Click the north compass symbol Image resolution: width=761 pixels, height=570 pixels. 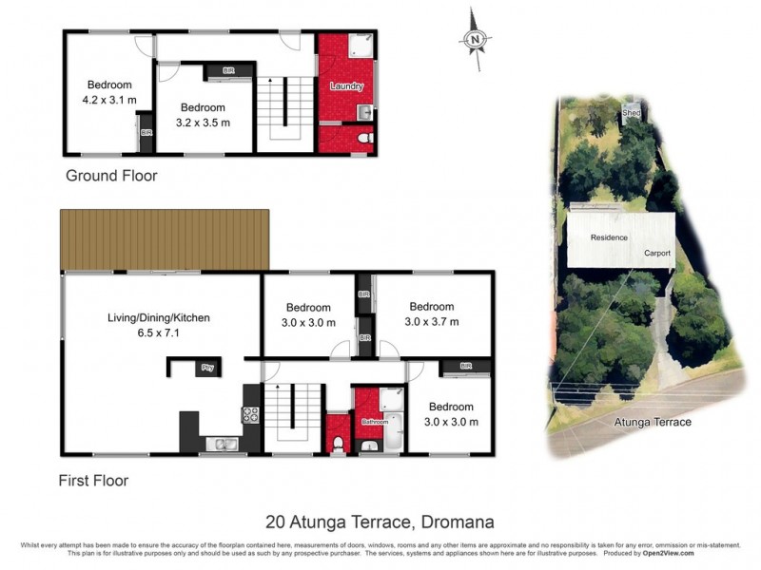(x=474, y=39)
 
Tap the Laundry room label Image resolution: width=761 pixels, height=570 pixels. (x=346, y=86)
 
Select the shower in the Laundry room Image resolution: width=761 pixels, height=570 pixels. (x=360, y=47)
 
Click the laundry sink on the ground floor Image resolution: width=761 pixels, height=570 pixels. (x=362, y=112)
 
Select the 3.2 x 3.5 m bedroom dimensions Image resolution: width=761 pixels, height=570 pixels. (x=204, y=123)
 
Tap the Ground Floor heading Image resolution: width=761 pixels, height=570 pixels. (x=110, y=176)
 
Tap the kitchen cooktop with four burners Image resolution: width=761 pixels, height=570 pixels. (x=252, y=414)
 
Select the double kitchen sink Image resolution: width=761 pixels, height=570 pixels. (x=222, y=444)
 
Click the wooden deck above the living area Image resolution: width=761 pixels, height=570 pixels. (x=165, y=239)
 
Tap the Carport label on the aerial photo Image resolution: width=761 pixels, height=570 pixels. (x=656, y=254)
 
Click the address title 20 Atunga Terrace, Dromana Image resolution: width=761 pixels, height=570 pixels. (x=380, y=522)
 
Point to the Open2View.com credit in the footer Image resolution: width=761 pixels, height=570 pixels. (x=669, y=552)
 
